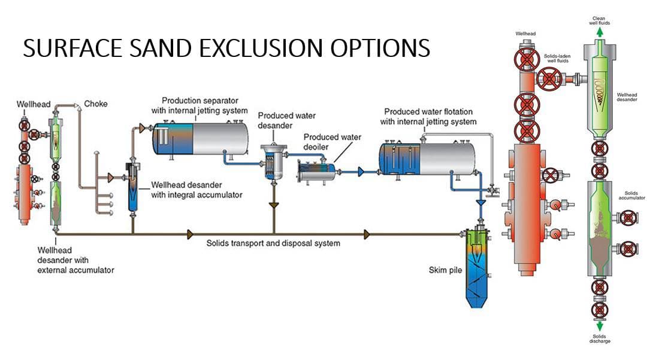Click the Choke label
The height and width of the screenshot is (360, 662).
96,104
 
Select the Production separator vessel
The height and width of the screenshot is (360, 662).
200,137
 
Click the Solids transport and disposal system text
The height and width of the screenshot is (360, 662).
273,243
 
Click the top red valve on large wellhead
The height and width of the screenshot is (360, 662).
527,60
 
